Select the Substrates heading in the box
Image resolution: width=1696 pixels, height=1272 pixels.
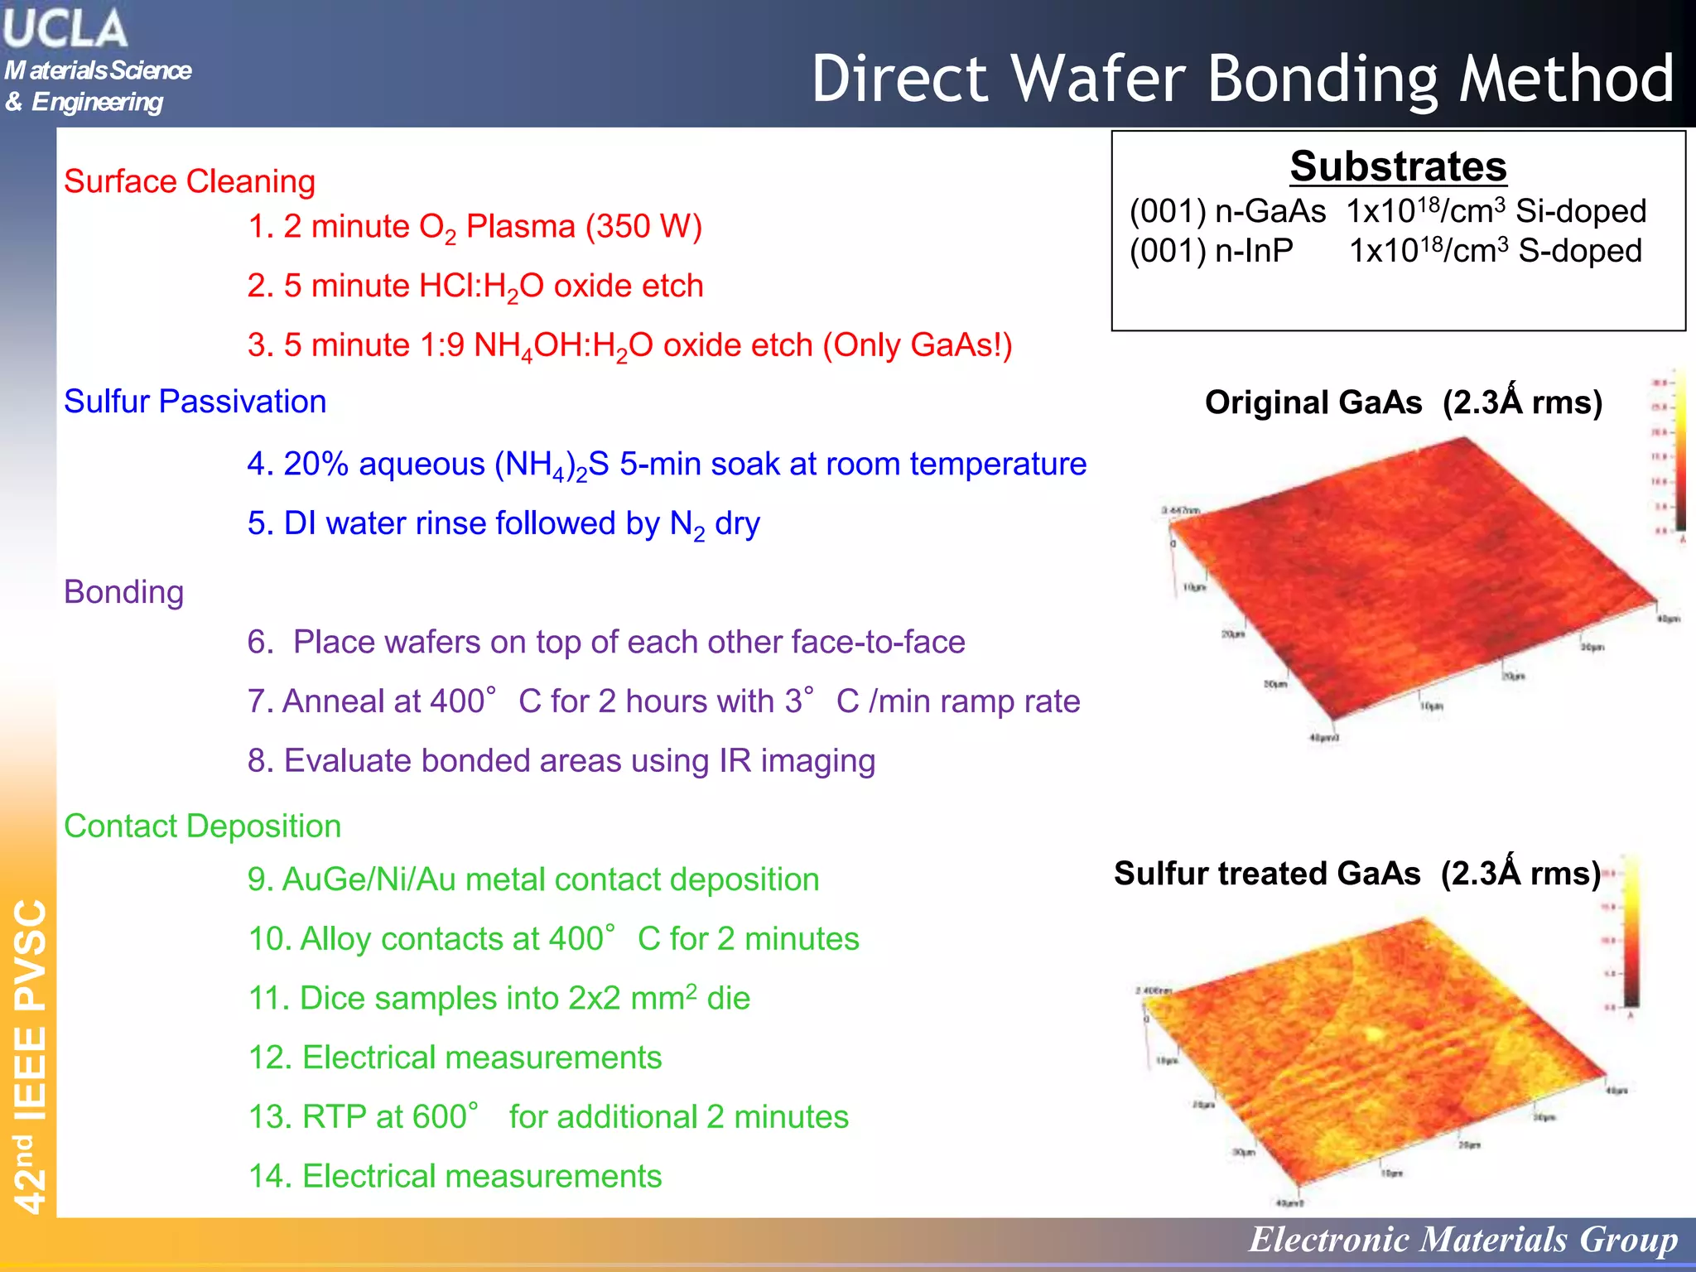(1398, 166)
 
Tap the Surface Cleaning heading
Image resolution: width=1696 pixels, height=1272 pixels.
(190, 181)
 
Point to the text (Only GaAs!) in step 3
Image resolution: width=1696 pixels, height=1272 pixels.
(917, 345)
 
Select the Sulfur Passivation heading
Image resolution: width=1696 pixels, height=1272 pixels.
(195, 402)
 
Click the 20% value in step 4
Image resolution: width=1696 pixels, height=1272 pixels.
(316, 464)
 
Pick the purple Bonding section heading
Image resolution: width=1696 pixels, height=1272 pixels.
(124, 592)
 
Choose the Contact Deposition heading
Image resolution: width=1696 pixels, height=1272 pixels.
(203, 826)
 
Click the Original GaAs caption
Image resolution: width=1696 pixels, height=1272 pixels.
(1313, 402)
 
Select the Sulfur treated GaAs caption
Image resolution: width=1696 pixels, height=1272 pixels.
(1267, 874)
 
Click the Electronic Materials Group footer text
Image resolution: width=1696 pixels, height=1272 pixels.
(1462, 1240)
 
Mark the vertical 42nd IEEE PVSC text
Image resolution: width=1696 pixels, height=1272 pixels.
(31, 1056)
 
